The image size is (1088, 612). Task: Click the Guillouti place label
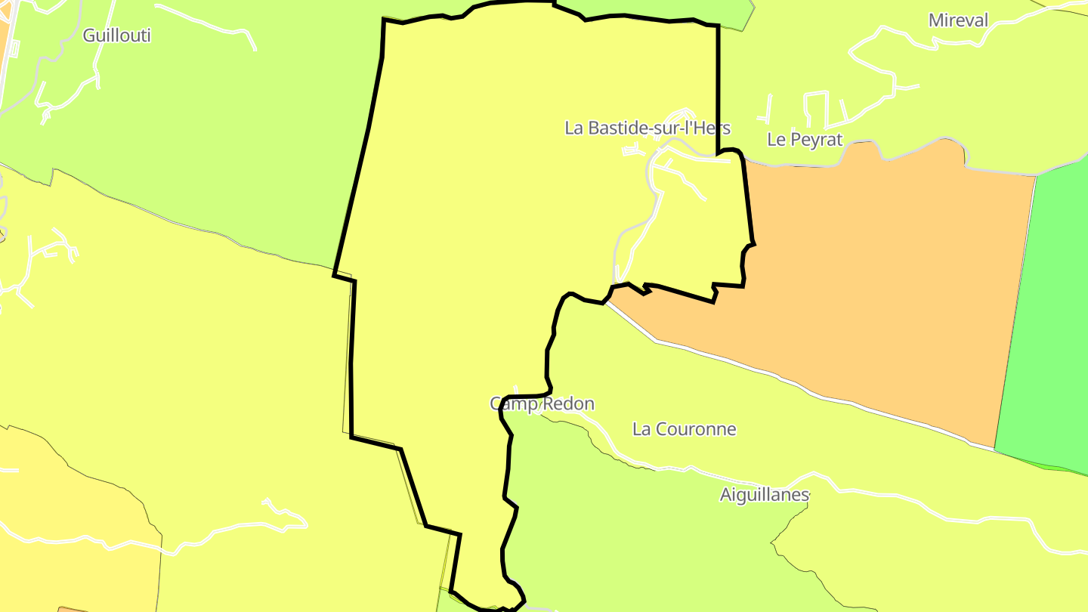click(x=116, y=36)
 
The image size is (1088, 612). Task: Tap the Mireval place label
click(x=958, y=20)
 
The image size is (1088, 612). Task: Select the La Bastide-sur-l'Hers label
click(x=647, y=128)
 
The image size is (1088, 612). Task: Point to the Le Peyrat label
click(x=804, y=139)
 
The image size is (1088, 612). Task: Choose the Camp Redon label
click(x=542, y=404)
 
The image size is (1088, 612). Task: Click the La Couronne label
click(x=684, y=429)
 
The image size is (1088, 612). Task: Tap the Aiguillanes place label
click(x=764, y=495)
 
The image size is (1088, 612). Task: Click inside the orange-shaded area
click(x=869, y=287)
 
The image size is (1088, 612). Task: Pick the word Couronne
click(x=695, y=429)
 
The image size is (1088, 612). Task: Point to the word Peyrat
click(x=816, y=139)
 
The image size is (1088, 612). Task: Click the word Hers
click(x=712, y=128)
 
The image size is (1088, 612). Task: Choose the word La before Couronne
click(x=641, y=429)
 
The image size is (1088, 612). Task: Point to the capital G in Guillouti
click(x=89, y=36)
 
